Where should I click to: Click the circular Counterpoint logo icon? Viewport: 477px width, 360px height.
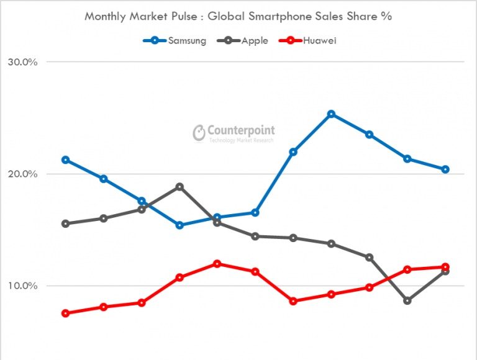coord(199,133)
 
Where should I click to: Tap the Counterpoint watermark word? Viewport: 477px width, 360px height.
coord(241,130)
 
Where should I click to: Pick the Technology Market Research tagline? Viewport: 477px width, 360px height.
coord(241,141)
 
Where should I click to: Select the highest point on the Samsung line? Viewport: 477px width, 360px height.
coord(331,114)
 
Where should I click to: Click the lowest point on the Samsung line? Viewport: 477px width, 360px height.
coord(179,225)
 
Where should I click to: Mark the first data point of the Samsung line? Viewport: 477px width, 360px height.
coord(65,160)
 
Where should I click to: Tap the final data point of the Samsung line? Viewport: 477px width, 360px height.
coord(445,169)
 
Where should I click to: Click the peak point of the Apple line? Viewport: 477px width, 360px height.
coord(179,187)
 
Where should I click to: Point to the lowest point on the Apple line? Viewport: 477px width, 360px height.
coord(407,300)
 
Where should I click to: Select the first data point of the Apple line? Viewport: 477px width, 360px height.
coord(65,223)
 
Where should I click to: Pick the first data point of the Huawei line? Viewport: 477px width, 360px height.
coord(65,313)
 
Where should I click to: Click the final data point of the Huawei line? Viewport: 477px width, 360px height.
coord(445,267)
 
